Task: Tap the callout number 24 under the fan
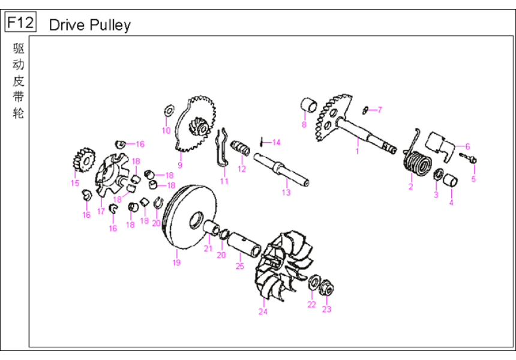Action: pyautogui.click(x=263, y=311)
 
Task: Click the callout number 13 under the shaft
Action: pyautogui.click(x=286, y=193)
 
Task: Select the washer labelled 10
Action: pyautogui.click(x=169, y=111)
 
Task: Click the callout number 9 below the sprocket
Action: pyautogui.click(x=179, y=165)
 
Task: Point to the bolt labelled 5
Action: pyautogui.click(x=469, y=158)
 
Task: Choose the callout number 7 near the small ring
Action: pyautogui.click(x=379, y=110)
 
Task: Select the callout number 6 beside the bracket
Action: pyautogui.click(x=467, y=146)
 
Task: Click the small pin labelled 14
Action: pyautogui.click(x=262, y=142)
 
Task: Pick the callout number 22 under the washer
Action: pyautogui.click(x=311, y=304)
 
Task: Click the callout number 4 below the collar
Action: pyautogui.click(x=451, y=202)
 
